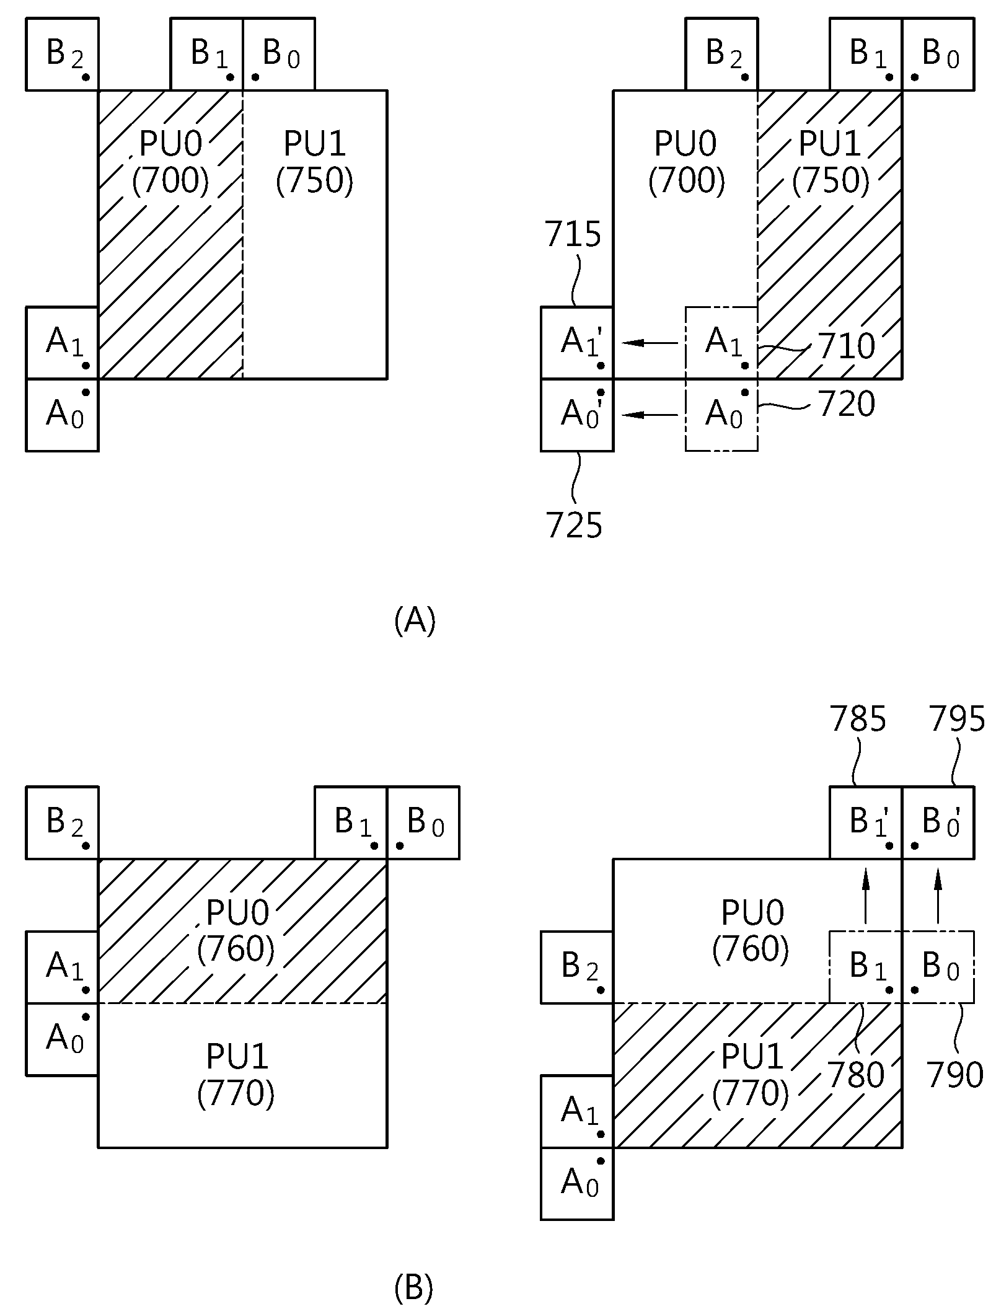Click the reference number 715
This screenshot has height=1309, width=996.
tap(573, 235)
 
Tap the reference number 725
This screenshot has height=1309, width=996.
tap(574, 526)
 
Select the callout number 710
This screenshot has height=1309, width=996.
tap(847, 346)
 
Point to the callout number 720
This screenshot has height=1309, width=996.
tap(847, 404)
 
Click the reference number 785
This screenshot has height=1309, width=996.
tap(858, 720)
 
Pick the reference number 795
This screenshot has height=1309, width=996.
tap(957, 720)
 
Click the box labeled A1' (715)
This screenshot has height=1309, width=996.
tap(577, 343)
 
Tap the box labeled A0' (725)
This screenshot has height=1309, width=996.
tap(577, 415)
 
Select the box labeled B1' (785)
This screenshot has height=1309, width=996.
tap(866, 822)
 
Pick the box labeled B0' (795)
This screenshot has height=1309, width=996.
tap(938, 822)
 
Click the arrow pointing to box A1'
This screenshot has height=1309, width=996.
tap(650, 342)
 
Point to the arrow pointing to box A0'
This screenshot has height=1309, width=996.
tap(650, 415)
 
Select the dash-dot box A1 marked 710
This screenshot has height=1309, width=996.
tap(721, 343)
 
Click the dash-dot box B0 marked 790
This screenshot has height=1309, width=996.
tap(938, 967)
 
